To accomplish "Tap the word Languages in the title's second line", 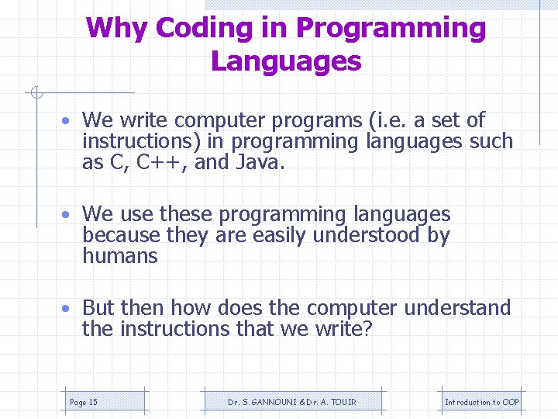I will click(x=286, y=61).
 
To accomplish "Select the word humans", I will click(x=120, y=257).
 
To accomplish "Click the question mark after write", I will click(x=368, y=330).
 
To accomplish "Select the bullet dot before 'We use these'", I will click(x=69, y=215).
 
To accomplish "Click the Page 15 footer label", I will click(x=84, y=402).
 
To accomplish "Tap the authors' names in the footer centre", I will click(x=292, y=402).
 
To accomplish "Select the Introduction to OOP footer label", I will click(x=481, y=402).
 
